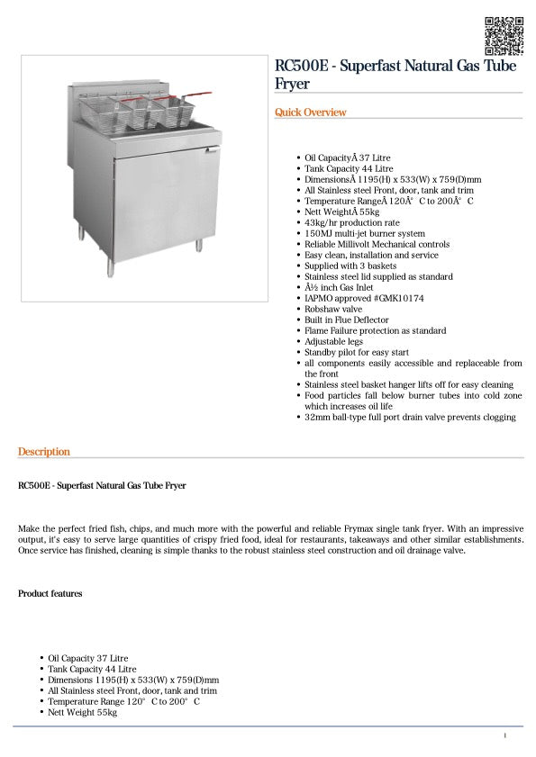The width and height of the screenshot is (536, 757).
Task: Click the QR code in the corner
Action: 504,35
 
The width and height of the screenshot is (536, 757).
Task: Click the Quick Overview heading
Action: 310,113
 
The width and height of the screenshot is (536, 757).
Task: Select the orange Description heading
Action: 43,452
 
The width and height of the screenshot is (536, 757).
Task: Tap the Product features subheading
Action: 50,594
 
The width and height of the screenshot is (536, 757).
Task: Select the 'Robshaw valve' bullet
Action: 334,309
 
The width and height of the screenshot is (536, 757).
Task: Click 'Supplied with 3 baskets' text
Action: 350,266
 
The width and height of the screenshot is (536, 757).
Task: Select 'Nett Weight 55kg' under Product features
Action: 82,712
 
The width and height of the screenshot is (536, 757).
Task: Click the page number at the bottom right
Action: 504,736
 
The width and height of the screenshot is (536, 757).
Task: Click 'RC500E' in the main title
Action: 298,66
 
